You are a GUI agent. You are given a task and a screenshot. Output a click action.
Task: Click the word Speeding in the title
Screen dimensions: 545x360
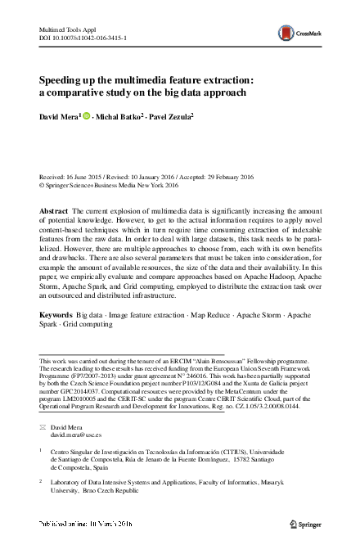[65, 80]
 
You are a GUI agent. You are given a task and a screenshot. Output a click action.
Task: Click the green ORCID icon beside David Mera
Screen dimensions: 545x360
[87, 118]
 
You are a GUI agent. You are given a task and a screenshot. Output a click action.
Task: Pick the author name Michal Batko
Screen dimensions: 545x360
[120, 118]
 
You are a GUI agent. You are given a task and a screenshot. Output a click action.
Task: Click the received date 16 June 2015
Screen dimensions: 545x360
[92, 177]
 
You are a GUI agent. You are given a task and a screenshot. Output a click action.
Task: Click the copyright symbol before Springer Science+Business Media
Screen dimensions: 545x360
[43, 186]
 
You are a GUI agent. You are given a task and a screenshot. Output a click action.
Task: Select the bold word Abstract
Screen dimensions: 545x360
[53, 211]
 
